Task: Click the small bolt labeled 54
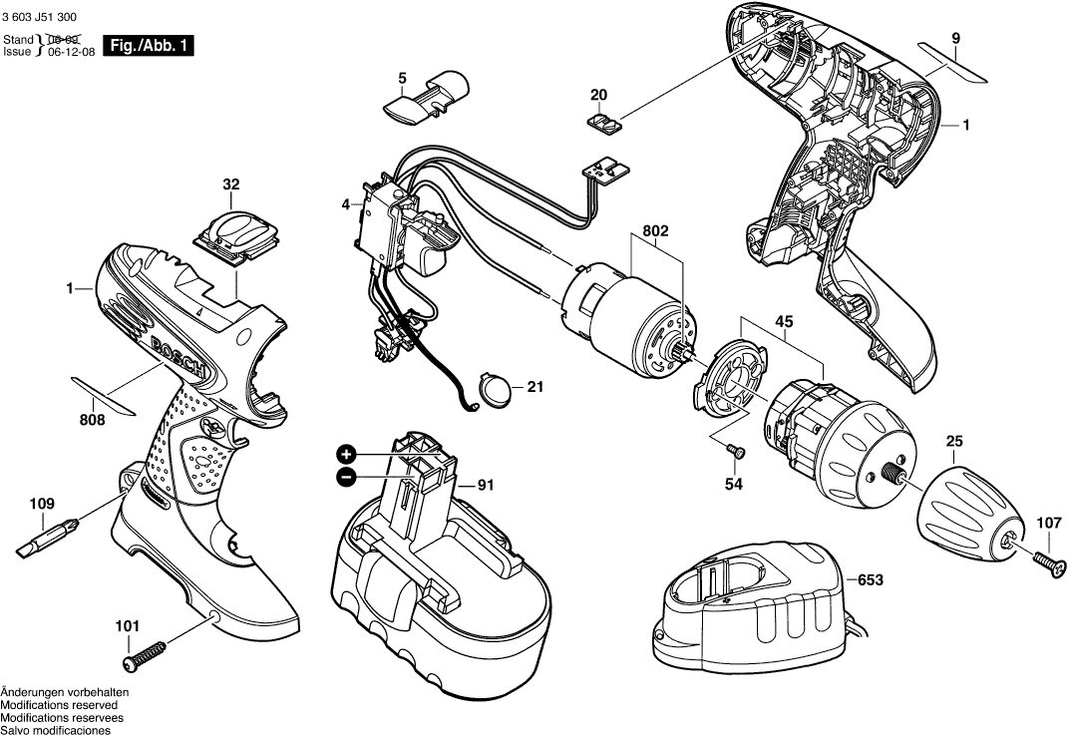click(735, 452)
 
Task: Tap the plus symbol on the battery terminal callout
click(346, 454)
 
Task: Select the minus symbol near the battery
click(346, 477)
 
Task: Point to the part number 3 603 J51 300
click(43, 17)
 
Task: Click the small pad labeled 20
click(603, 122)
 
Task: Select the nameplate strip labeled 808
click(106, 394)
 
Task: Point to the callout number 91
click(486, 486)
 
